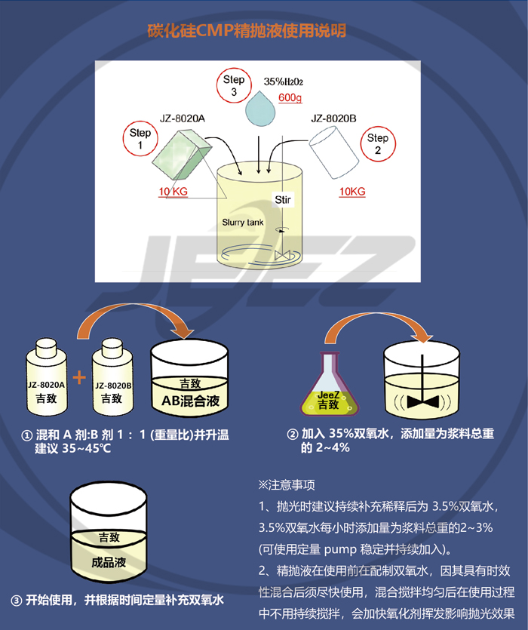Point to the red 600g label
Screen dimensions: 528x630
pyautogui.click(x=290, y=97)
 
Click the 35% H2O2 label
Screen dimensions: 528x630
pyautogui.click(x=284, y=81)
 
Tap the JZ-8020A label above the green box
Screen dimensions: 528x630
pyautogui.click(x=183, y=118)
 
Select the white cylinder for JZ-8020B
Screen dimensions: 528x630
pyautogui.click(x=334, y=152)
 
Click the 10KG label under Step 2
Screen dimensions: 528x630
pyautogui.click(x=352, y=192)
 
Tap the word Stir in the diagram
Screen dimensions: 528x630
pyautogui.click(x=283, y=200)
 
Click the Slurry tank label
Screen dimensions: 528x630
pyautogui.click(x=243, y=222)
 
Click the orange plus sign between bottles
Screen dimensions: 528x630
pyautogui.click(x=79, y=377)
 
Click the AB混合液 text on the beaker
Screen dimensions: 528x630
pyautogui.click(x=190, y=401)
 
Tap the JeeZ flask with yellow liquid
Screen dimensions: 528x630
pyautogui.click(x=330, y=384)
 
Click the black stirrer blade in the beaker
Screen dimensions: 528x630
pyautogui.click(x=422, y=401)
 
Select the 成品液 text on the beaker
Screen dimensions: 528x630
pyautogui.click(x=109, y=562)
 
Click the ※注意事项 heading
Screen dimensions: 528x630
pyautogui.click(x=287, y=485)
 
